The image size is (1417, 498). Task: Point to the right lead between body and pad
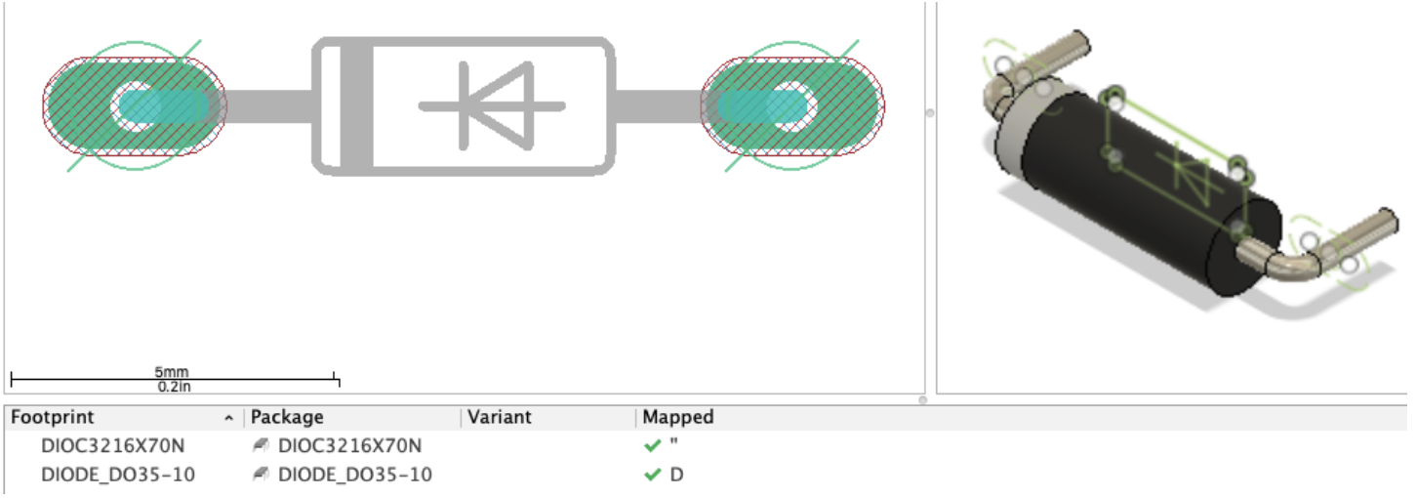659,105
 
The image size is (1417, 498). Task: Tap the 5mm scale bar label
172,372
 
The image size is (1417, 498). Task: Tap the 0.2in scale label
172,387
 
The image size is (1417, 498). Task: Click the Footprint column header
53,417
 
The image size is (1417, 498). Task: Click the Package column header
287,417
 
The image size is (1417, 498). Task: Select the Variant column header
500,417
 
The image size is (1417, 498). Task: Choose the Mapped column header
678,417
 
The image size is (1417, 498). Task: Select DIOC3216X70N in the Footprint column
112,446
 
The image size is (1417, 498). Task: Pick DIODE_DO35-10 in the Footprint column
118,476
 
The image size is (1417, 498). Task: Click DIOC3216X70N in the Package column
349,446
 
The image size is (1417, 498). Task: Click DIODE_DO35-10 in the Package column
355,476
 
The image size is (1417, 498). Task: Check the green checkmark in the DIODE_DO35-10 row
653,476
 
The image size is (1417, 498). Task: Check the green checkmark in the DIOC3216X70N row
653,446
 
